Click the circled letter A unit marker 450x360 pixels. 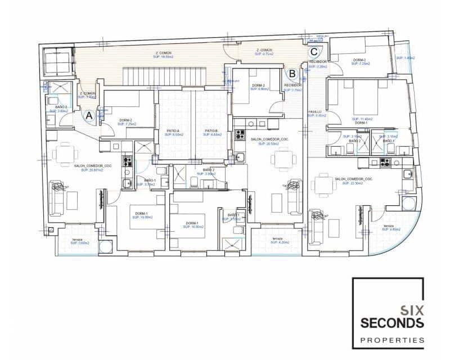pos(88,116)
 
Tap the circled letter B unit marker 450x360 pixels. pos(291,73)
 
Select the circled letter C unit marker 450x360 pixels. pos(313,52)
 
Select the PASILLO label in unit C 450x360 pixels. pos(314,112)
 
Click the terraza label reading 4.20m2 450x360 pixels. pos(276,240)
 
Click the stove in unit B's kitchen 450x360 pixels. pos(240,135)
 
